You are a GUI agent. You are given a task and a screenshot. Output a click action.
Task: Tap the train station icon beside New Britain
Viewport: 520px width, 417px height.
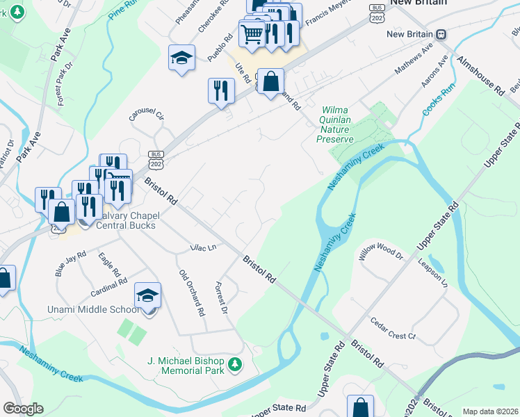coord(441,34)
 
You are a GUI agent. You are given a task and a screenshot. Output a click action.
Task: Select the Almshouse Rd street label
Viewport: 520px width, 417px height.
coord(480,76)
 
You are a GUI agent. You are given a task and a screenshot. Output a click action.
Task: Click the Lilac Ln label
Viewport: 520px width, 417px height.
coord(203,247)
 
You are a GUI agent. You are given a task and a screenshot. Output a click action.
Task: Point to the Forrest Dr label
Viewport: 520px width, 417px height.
coord(222,299)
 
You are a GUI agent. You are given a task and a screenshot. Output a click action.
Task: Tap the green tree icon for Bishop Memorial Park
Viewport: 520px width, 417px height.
coord(235,364)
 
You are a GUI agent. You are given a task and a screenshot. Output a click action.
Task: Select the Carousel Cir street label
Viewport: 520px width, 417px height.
coord(146,115)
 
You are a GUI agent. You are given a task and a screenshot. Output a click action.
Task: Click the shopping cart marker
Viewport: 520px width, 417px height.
coord(252,33)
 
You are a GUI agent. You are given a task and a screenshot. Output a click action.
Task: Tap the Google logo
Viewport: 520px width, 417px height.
coord(23,409)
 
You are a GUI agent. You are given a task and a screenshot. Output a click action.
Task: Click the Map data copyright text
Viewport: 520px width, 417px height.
coord(490,411)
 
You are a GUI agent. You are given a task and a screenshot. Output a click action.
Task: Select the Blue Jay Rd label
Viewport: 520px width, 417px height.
coord(70,265)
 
